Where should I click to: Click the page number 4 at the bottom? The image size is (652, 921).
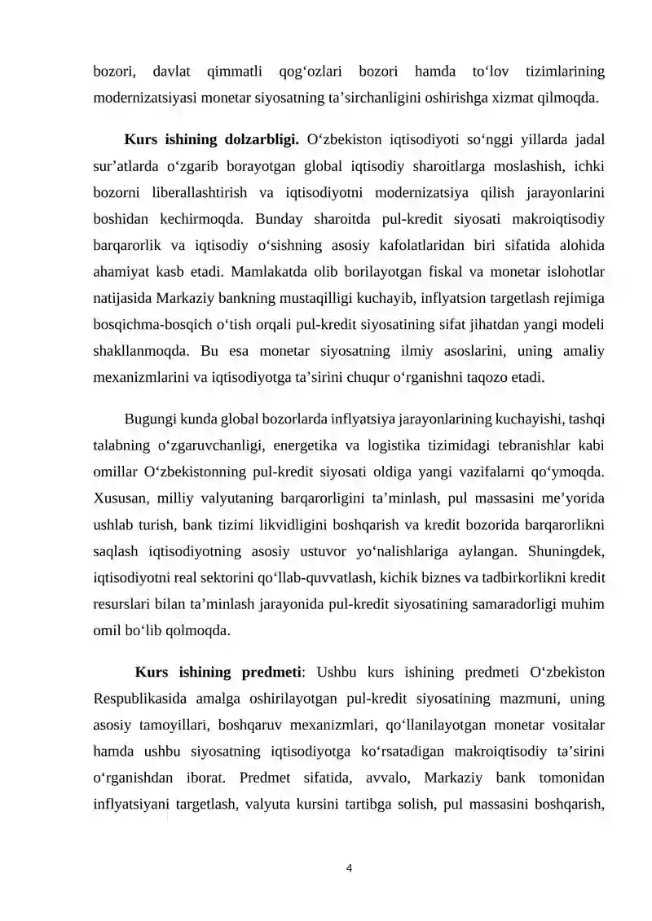[x=349, y=868]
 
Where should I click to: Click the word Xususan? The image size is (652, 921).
[x=121, y=497]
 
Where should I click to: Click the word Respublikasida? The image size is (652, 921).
[x=142, y=698]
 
